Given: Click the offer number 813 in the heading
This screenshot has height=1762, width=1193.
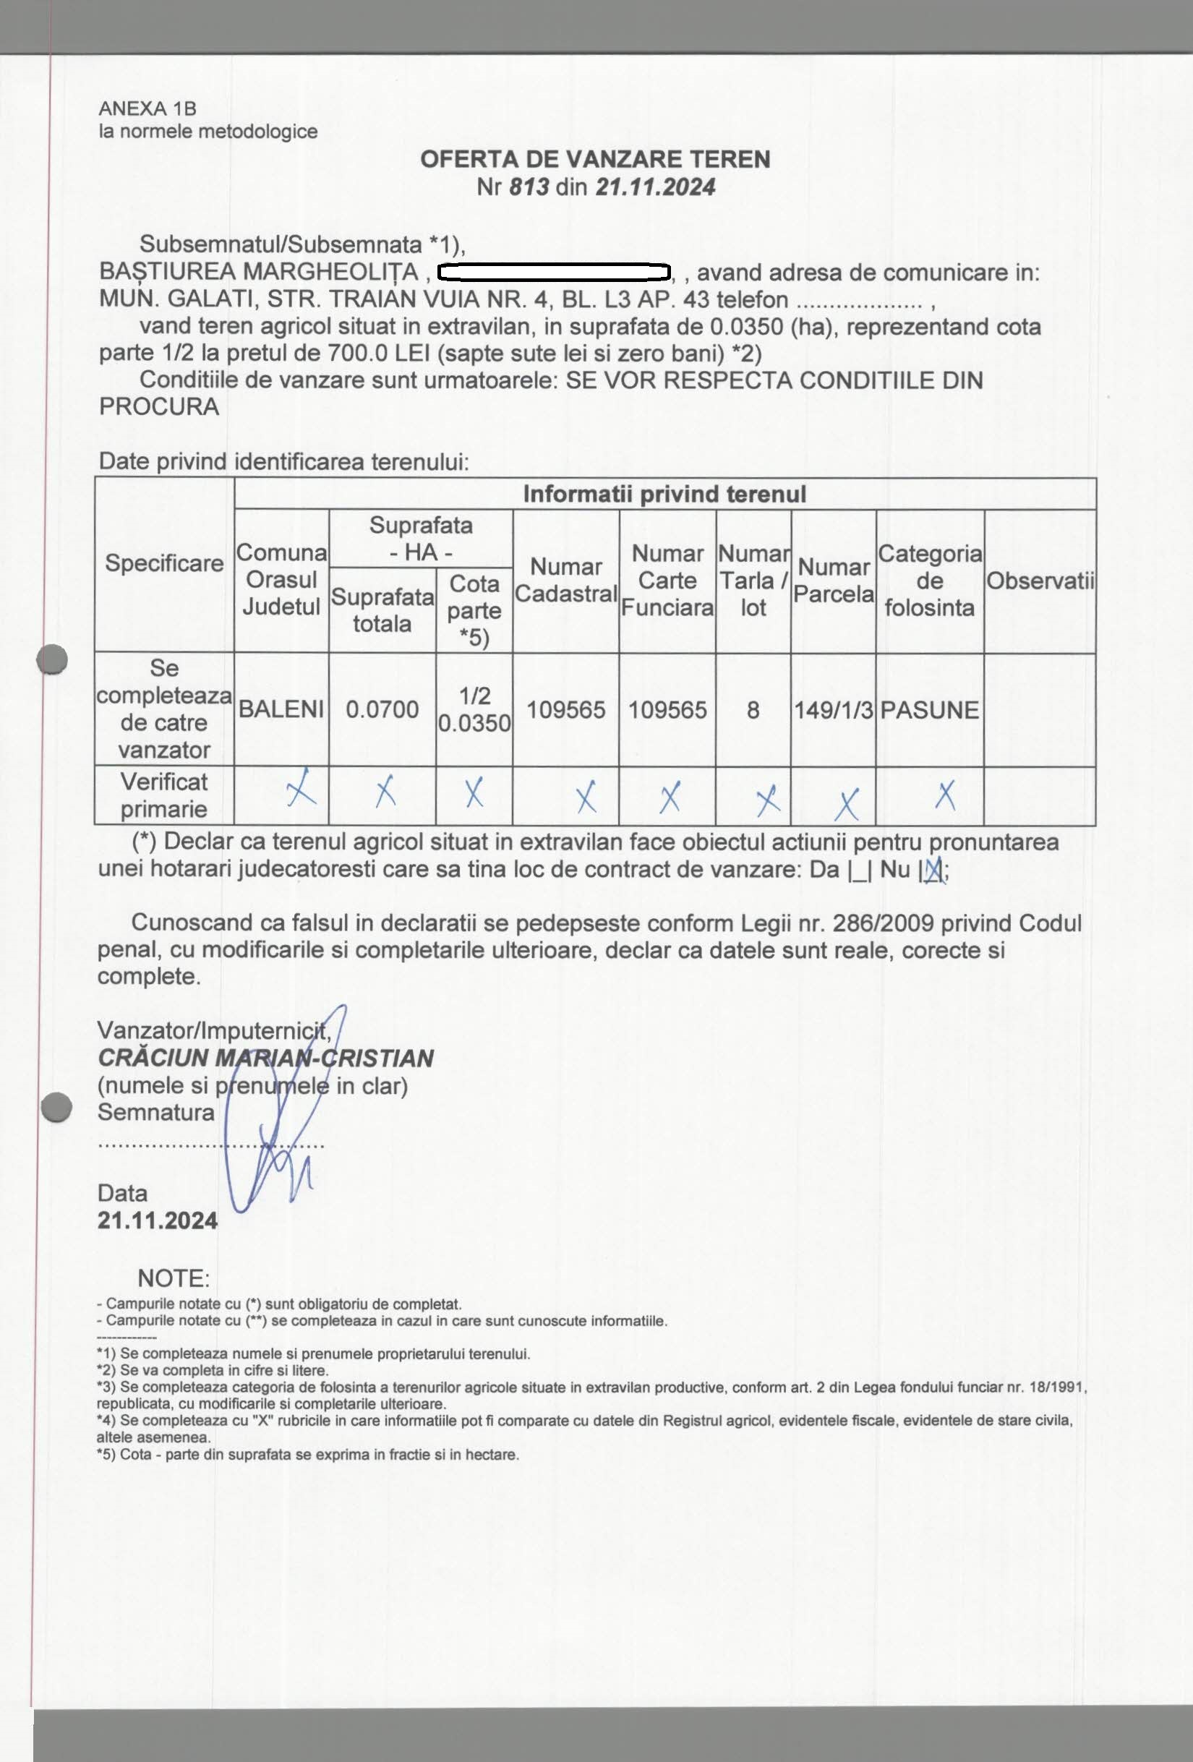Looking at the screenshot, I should click(529, 187).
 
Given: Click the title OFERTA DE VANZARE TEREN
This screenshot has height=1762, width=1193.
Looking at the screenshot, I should click(595, 159).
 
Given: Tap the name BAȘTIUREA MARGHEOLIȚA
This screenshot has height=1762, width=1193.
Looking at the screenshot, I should click(259, 271).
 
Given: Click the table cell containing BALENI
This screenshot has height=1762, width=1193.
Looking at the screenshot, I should click(281, 710).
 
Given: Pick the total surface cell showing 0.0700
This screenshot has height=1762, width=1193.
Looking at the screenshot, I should click(382, 710).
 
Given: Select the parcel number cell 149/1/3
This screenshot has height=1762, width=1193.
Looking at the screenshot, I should click(834, 710).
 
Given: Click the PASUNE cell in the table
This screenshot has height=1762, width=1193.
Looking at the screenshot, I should click(930, 710).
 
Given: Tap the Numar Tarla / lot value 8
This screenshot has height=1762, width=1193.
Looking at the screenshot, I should click(753, 710).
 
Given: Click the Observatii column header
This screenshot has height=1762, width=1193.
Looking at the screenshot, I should click(1040, 581).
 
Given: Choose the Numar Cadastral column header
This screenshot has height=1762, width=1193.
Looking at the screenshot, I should click(566, 580).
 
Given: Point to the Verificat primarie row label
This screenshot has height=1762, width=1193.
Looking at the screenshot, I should click(164, 795).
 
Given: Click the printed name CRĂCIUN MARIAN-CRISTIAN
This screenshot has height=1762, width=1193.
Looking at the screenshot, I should click(265, 1058).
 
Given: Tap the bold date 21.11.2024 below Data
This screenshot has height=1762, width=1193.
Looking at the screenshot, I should click(158, 1220).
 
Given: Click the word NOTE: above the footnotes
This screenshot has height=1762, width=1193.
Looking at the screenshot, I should click(173, 1278).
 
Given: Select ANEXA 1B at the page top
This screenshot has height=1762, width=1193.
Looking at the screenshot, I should click(148, 108).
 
